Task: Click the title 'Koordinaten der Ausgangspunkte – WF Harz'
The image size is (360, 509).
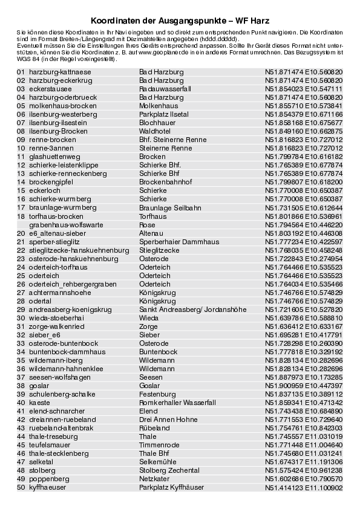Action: (x=180, y=20)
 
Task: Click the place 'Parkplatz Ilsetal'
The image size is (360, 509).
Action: (x=163, y=114)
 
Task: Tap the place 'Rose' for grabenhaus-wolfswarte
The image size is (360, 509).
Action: (x=147, y=224)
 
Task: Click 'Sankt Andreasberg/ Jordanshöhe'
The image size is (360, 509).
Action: (x=192, y=310)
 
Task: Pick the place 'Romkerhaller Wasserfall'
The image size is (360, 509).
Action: (x=177, y=403)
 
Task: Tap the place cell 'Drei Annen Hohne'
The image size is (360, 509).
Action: (x=168, y=420)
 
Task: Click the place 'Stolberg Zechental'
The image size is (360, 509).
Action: (x=169, y=470)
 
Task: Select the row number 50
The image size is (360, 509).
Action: (x=21, y=487)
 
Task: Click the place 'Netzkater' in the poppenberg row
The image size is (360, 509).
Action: (x=154, y=479)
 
